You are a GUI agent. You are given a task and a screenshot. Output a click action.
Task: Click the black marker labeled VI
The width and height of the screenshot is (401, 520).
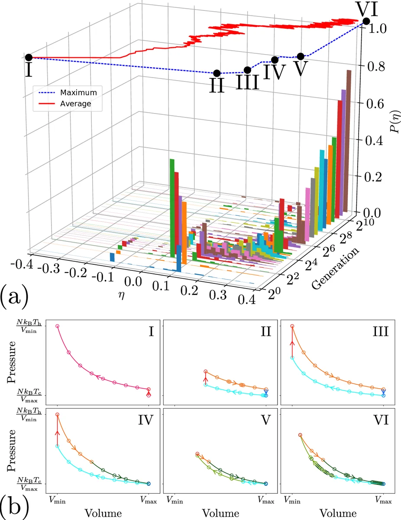[x=366, y=21]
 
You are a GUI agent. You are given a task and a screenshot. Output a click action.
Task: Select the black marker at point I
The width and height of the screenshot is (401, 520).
[x=29, y=57]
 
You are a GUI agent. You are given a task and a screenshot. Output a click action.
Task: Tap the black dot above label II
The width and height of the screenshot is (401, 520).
[x=217, y=73]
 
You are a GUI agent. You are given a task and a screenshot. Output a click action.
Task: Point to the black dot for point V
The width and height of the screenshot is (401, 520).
[x=301, y=56]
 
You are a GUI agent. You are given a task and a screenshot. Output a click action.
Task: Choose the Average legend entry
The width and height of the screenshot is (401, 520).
[x=75, y=104]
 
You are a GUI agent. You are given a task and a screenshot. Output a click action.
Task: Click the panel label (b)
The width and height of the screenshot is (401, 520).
[x=15, y=505]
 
